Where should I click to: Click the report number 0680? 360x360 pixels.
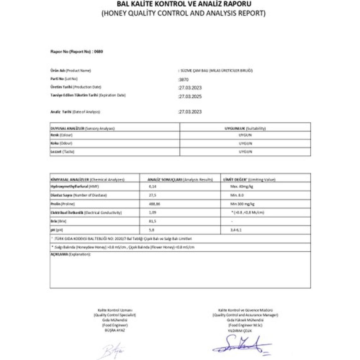99,51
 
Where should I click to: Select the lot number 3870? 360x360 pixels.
184,80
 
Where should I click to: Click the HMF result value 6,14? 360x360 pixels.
153,187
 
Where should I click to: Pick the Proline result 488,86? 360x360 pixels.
154,204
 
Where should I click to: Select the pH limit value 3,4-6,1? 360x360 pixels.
236,230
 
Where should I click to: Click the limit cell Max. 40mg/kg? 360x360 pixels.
242,187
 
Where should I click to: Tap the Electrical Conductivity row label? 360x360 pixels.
86,213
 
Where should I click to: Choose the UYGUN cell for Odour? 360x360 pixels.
245,143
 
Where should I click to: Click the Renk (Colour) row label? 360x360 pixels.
62,135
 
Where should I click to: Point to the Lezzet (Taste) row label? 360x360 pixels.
63,152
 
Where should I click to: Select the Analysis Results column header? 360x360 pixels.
180,179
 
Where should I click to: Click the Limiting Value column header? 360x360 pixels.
249,179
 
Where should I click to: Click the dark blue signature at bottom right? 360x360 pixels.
242,345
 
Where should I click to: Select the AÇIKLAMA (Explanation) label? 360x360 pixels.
70,254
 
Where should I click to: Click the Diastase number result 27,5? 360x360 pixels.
153,195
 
